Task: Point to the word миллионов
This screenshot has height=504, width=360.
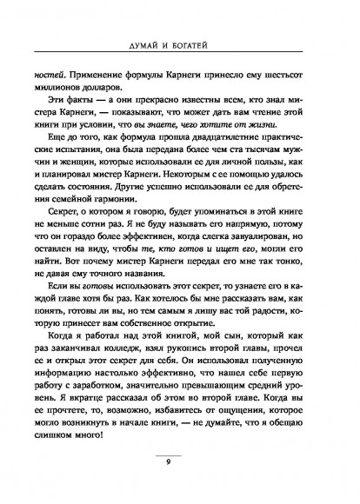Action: tap(61, 89)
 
